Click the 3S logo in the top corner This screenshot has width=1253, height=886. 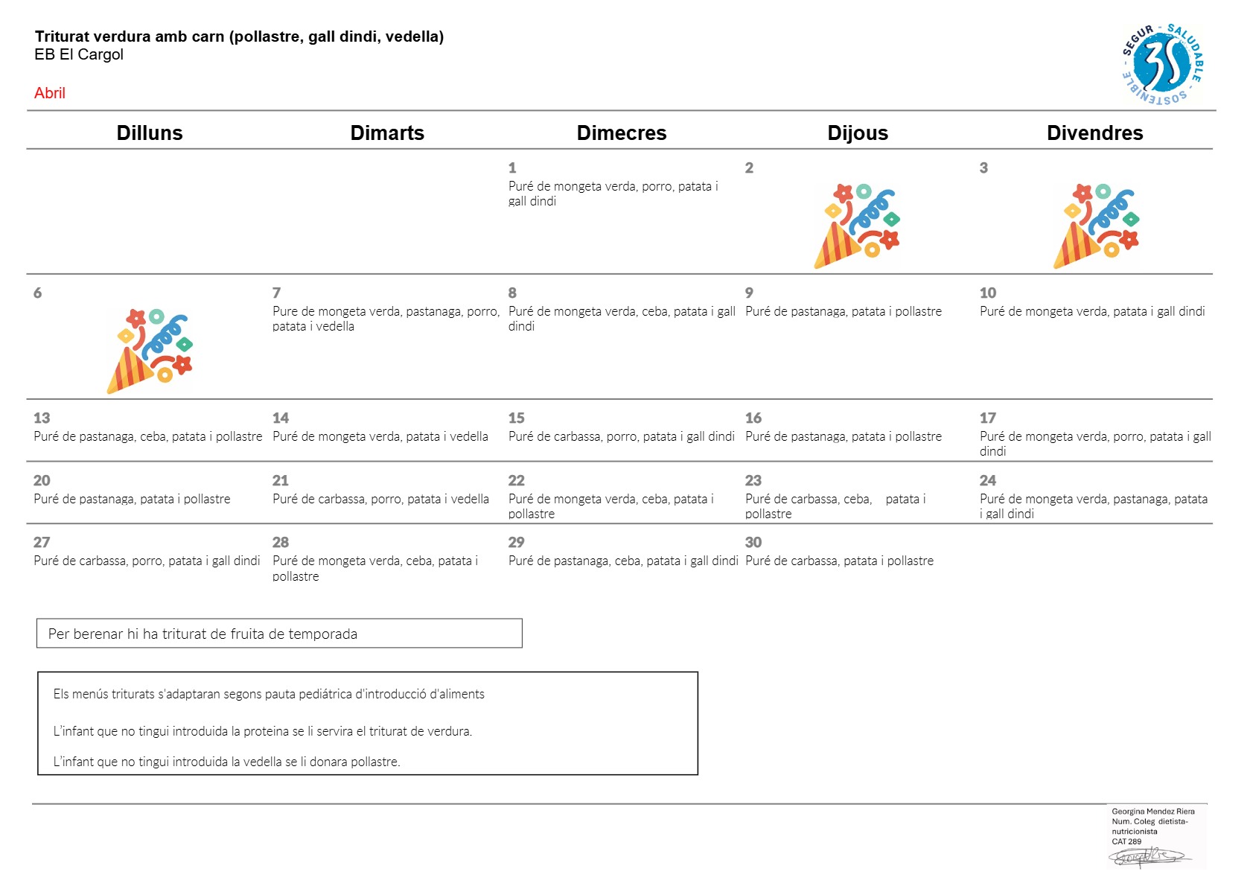click(x=1163, y=64)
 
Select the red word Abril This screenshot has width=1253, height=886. click(x=50, y=93)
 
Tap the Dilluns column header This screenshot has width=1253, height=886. click(x=150, y=133)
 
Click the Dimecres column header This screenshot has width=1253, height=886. click(x=622, y=133)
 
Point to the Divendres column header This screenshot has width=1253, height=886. click(x=1094, y=133)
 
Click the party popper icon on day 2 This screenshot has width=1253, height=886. click(x=857, y=226)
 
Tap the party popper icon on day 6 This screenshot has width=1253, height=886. click(x=150, y=351)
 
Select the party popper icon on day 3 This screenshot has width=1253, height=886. click(x=1097, y=226)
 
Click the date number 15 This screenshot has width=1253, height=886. click(x=516, y=418)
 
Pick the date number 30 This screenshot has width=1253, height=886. click(x=753, y=542)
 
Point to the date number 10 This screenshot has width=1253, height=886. click(x=988, y=293)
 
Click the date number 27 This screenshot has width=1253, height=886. click(x=42, y=542)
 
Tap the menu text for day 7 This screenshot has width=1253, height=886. click(x=386, y=318)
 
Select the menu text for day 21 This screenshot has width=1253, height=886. click(x=380, y=499)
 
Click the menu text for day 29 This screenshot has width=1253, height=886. click(x=623, y=561)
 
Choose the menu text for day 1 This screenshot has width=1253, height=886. click(x=613, y=194)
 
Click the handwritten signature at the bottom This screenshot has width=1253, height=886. click(x=1150, y=856)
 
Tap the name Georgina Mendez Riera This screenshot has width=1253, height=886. click(x=1153, y=811)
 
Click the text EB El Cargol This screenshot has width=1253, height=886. click(x=79, y=54)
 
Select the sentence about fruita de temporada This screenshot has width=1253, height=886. click(x=203, y=634)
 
